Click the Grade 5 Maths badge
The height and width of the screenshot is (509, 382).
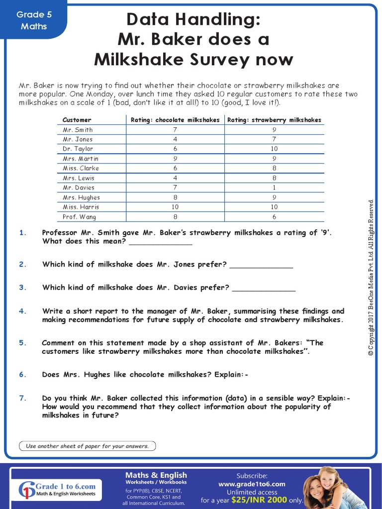click(34, 20)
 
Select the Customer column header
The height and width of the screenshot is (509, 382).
click(77, 120)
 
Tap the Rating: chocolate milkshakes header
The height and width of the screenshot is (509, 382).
click(175, 120)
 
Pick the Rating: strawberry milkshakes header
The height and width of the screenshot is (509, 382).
click(274, 120)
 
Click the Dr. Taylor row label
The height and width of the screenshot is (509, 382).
click(78, 149)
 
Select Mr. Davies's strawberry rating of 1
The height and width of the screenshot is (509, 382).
click(274, 187)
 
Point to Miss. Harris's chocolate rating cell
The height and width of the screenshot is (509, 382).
click(175, 207)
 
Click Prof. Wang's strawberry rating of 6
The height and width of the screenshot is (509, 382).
click(274, 217)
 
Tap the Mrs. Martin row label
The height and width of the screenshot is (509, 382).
click(81, 159)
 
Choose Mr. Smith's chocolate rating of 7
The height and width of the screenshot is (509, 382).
click(175, 130)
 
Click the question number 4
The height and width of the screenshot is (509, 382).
click(22, 311)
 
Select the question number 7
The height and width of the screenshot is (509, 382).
click(22, 398)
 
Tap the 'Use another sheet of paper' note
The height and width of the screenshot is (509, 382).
click(87, 446)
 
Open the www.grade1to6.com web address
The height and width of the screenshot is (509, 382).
click(252, 484)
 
